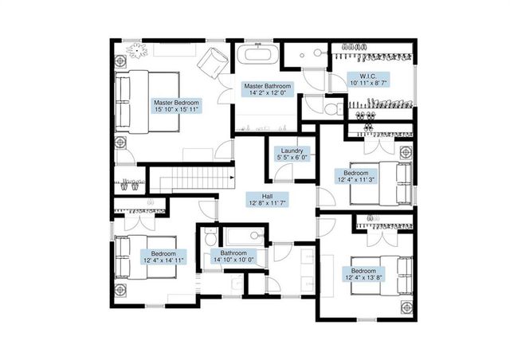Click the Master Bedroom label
pos(176,106)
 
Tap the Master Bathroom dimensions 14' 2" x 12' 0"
pos(268,93)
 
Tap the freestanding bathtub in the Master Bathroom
pos(258,53)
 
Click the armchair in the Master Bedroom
pos(213,63)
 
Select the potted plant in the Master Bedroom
pos(137,51)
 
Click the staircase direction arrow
pos(232,178)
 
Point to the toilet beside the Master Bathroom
pos(333,109)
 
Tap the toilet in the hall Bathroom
pos(210,237)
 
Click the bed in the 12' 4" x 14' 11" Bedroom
pos(145,257)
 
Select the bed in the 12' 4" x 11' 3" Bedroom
pos(381,184)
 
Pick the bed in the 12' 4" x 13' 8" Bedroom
pos(382,276)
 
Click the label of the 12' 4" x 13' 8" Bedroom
pos(363,275)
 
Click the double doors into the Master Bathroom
pos(226,88)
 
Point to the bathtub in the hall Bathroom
pos(245,237)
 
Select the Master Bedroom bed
pos(147,101)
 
